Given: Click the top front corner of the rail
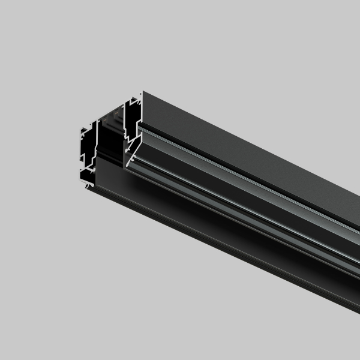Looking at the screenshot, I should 142,92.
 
